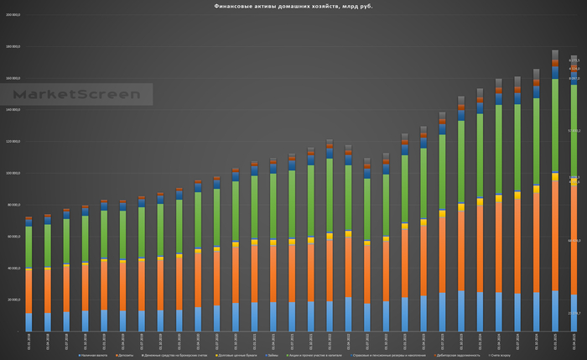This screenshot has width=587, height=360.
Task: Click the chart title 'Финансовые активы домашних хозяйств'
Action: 293,7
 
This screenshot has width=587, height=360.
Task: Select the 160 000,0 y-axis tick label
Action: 13,78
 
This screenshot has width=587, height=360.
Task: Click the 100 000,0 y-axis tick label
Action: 13,173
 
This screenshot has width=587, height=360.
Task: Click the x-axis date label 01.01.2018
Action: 29,341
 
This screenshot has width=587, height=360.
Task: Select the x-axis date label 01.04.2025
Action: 573,341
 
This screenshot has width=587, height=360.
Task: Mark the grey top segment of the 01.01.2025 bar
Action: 555,55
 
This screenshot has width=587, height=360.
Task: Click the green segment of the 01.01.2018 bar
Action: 29,247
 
